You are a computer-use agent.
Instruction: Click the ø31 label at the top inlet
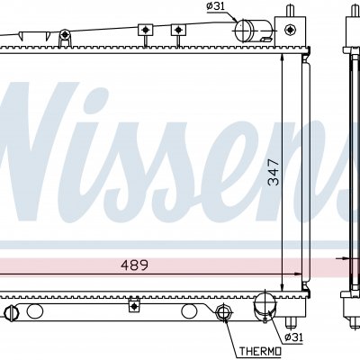[216, 6]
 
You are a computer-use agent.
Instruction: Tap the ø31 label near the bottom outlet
[293, 337]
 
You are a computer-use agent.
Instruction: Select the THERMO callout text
[260, 351]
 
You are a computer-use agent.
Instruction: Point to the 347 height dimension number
[274, 172]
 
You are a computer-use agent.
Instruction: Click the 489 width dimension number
[134, 265]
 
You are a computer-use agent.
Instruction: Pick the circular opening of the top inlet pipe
[244, 31]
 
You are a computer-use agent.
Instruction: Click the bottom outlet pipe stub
[265, 307]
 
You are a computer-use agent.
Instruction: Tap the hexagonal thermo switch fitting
[222, 312]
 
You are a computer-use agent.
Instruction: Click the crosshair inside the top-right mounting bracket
[290, 30]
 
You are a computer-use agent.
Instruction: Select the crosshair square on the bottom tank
[134, 306]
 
